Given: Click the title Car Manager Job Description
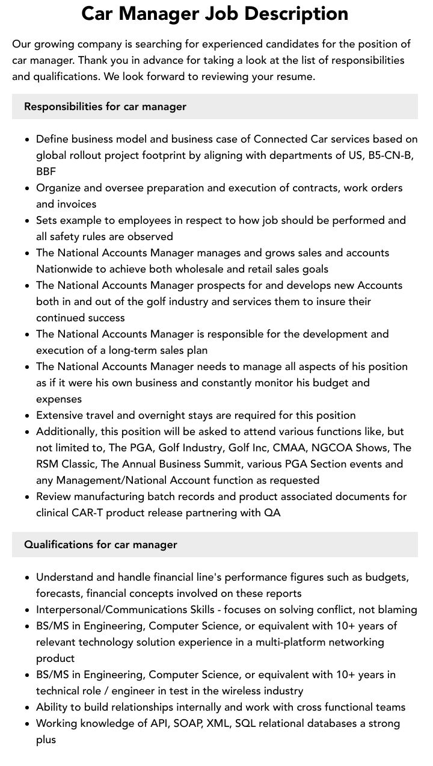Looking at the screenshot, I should pyautogui.click(x=215, y=14).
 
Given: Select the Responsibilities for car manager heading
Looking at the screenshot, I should pyautogui.click(x=105, y=107).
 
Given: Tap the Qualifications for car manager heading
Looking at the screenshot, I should pyautogui.click(x=100, y=545).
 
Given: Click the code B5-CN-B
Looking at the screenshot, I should pyautogui.click(x=390, y=155).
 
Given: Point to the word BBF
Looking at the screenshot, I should pyautogui.click(x=46, y=171).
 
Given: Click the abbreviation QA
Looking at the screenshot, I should pyautogui.click(x=272, y=513).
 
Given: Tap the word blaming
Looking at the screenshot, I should pyautogui.click(x=397, y=610).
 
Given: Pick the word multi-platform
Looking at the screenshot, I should pyautogui.click(x=290, y=642).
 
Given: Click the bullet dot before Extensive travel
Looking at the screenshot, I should pyautogui.click(x=28, y=416).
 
